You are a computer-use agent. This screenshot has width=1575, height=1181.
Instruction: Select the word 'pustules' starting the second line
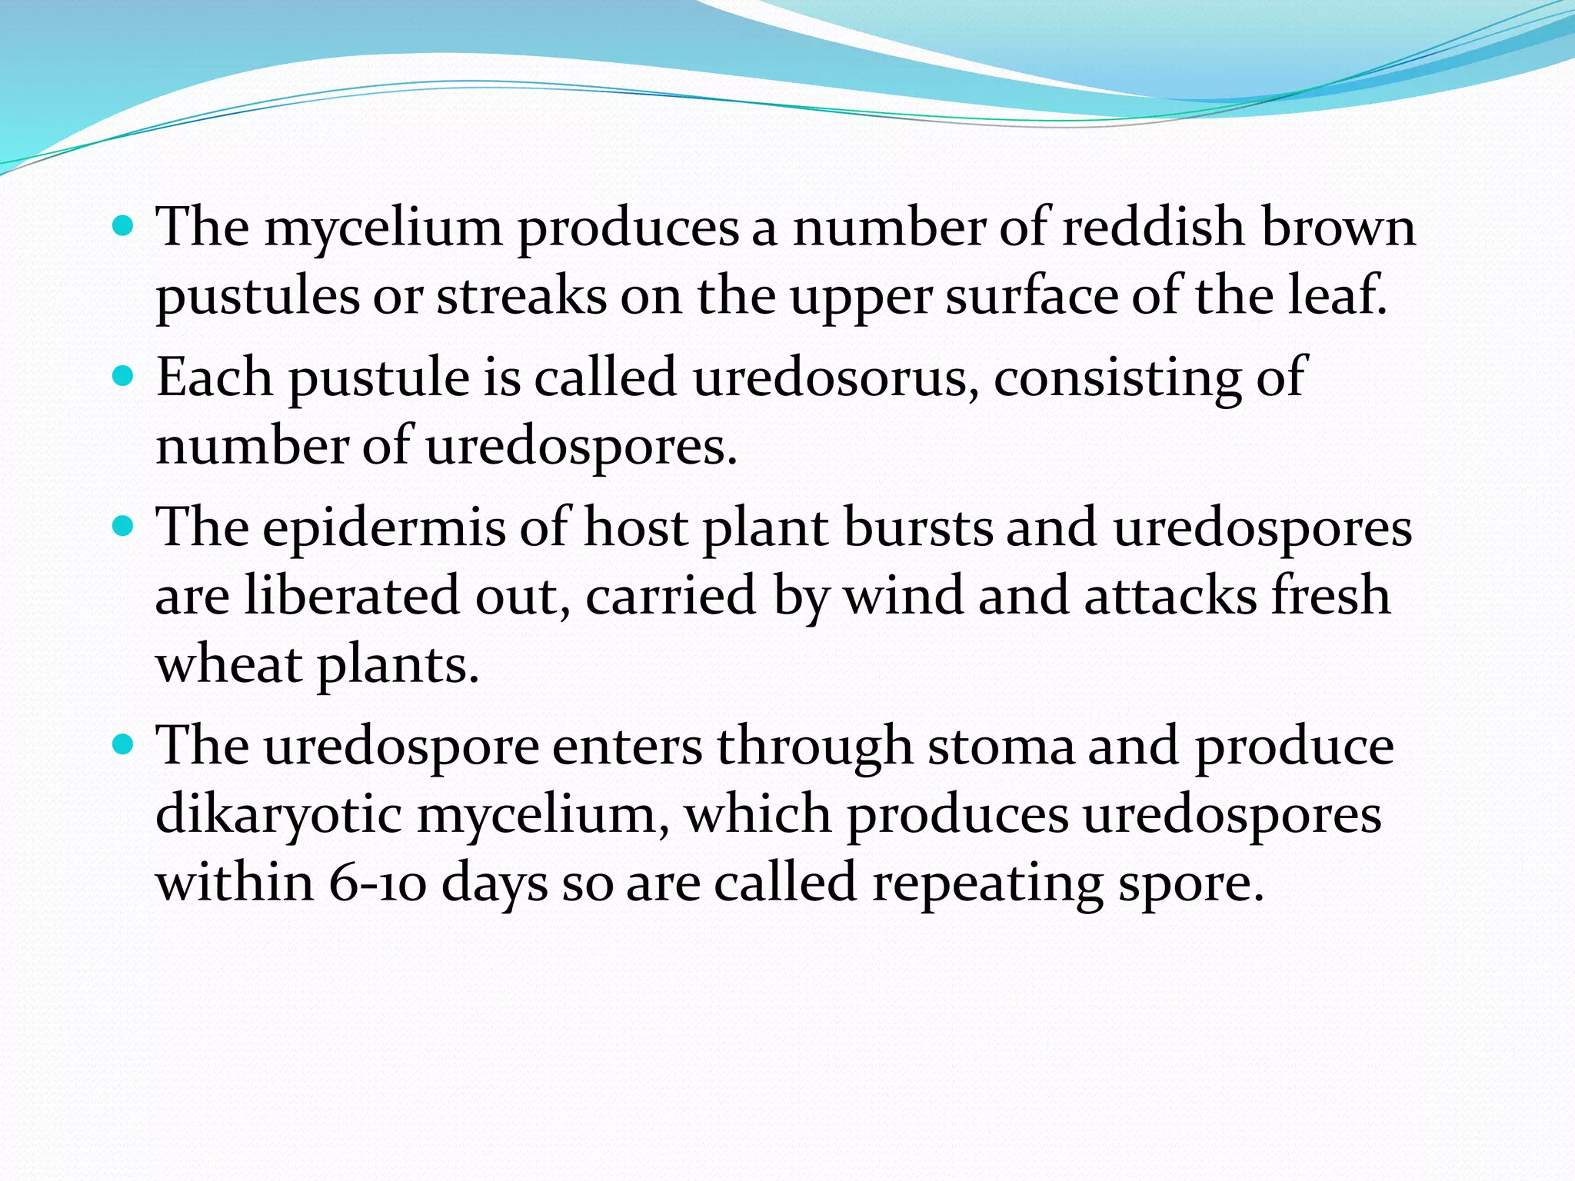coord(257,297)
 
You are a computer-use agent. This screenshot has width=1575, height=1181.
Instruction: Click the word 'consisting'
coord(1116,379)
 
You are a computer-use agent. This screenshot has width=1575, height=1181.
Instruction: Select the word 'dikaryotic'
coord(278,815)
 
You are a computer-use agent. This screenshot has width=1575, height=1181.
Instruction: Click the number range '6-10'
coord(376,883)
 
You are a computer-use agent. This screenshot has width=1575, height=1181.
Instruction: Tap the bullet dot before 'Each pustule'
coord(123,378)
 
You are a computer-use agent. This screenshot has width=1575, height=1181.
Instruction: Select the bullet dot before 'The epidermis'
coord(123,528)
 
